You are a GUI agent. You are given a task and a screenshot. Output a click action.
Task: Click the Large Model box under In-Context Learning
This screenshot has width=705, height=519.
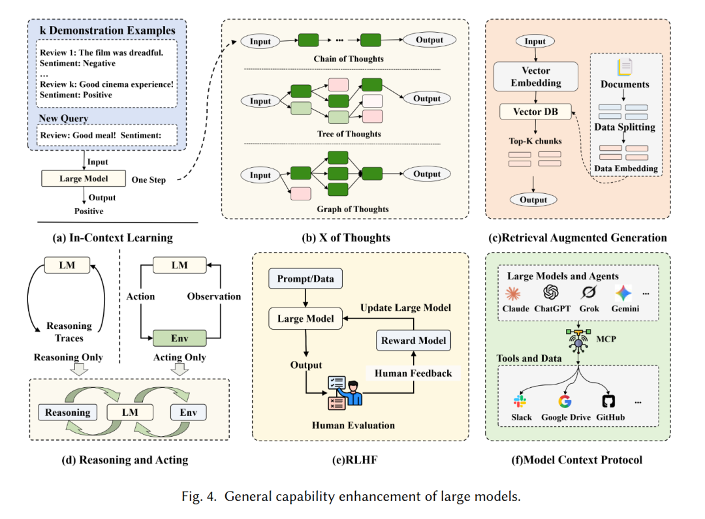[83, 178]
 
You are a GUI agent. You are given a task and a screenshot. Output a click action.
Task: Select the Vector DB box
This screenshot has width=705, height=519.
[535, 112]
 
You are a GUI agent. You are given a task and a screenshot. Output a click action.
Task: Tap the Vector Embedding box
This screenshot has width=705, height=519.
[535, 76]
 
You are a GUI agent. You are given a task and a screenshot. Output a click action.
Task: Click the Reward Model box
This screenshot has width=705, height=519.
[414, 340]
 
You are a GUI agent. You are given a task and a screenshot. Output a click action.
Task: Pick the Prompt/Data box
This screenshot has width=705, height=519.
[305, 279]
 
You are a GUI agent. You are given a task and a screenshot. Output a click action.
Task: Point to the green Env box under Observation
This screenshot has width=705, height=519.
[180, 338]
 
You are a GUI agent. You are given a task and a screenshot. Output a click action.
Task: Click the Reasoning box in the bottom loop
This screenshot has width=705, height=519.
[68, 412]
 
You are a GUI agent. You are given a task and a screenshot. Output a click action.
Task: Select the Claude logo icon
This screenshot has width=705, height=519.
[516, 292]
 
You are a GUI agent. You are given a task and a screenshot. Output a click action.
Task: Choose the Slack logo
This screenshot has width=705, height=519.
[520, 401]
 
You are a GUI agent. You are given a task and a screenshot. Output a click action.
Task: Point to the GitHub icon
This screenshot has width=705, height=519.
[608, 401]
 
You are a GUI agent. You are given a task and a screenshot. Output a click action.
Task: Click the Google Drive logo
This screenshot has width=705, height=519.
[565, 401]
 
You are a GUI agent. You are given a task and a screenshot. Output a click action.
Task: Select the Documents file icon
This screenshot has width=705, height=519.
[625, 67]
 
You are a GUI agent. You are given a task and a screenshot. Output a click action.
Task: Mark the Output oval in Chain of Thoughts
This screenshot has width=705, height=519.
[429, 40]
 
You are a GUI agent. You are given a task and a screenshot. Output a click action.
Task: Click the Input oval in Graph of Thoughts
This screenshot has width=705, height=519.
[260, 175]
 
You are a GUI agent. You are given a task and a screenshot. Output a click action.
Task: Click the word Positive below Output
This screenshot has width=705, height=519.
[88, 211]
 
